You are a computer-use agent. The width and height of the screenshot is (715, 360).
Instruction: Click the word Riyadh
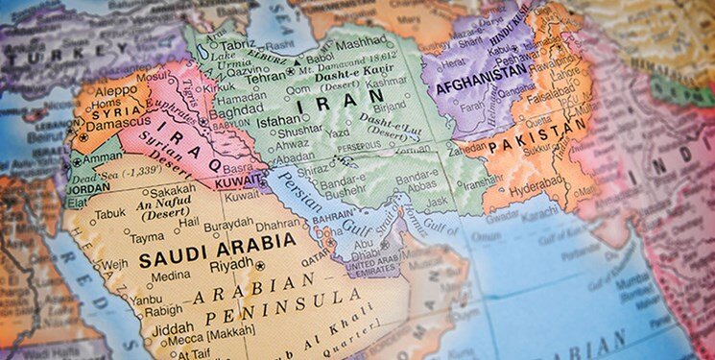point(231,264)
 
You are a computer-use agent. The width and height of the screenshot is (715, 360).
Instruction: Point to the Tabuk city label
point(111,214)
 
